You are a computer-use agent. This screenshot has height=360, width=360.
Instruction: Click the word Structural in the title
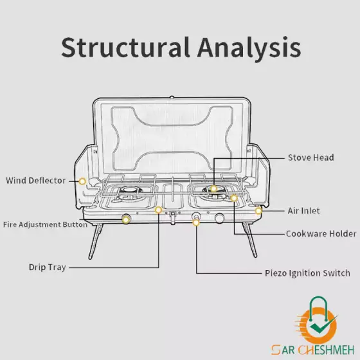(x=125, y=48)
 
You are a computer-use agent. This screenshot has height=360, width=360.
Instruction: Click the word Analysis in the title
(x=249, y=49)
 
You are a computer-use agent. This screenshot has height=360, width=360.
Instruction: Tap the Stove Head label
(x=311, y=157)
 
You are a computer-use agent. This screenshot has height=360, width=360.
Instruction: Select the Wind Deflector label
(x=35, y=181)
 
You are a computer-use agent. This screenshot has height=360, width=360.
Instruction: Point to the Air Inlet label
(x=303, y=211)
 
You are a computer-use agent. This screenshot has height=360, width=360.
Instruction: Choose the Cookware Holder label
(x=321, y=234)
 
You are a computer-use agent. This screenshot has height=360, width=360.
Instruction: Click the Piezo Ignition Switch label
(x=307, y=273)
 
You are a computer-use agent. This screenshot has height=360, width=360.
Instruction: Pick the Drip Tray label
(x=48, y=267)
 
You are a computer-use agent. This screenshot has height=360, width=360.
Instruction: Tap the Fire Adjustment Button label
(x=45, y=224)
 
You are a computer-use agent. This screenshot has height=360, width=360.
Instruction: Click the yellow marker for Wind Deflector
(x=82, y=181)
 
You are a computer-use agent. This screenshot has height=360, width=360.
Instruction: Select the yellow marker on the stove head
(x=213, y=189)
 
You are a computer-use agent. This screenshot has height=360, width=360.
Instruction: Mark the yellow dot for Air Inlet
(x=258, y=211)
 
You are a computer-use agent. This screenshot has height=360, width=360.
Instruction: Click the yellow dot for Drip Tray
(x=158, y=210)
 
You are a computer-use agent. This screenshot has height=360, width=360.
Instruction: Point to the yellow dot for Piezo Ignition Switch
(x=196, y=222)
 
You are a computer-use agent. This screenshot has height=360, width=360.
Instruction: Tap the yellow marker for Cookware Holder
(x=234, y=198)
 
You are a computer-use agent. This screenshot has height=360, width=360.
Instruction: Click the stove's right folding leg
(x=249, y=239)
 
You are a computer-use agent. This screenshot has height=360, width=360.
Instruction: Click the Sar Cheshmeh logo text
(x=312, y=350)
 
